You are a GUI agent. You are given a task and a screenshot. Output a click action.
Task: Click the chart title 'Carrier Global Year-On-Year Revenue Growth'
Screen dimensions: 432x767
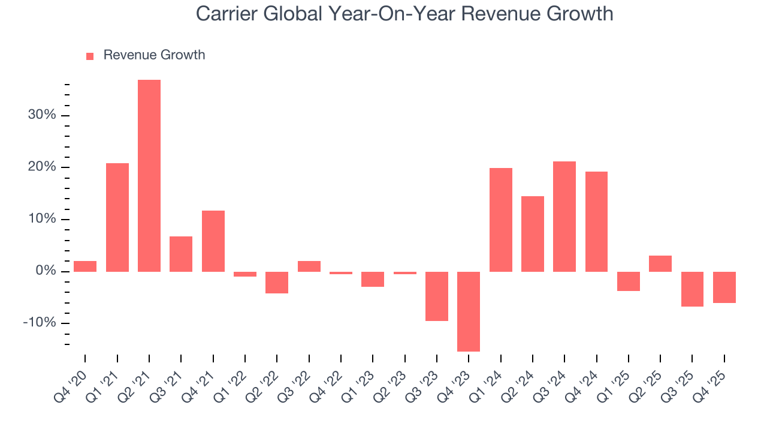tap(404, 14)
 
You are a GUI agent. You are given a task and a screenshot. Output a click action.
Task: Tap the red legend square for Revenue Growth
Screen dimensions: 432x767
tap(90, 56)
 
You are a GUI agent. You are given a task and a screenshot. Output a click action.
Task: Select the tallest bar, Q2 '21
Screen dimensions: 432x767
tap(149, 175)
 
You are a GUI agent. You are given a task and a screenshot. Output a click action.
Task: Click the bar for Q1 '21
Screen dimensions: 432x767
tap(117, 217)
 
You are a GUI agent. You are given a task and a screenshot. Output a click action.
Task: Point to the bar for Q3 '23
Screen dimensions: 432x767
tap(437, 296)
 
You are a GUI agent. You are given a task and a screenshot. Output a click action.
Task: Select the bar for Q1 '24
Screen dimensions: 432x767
tap(501, 220)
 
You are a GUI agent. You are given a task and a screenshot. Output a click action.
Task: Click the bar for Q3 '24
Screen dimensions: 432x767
tap(564, 216)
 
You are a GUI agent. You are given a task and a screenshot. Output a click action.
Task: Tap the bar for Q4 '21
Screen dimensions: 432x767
tap(213, 241)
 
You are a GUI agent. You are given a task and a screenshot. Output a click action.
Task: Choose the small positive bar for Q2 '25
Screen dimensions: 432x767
tap(660, 263)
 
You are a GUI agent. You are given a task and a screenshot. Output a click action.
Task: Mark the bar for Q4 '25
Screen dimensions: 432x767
tap(724, 287)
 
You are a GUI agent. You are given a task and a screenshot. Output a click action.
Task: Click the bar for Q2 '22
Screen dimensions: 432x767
tap(277, 282)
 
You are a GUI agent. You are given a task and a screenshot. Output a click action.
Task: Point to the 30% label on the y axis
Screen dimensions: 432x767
tap(42, 115)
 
